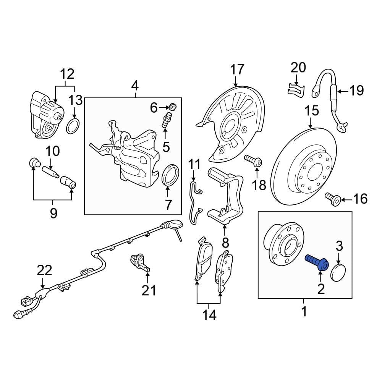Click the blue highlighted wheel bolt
[x=317, y=263]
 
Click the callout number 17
[x=236, y=70]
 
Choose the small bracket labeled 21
[x=140, y=262]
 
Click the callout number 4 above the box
[x=134, y=87]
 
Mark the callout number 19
[x=356, y=91]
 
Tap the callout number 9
[x=53, y=213]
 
